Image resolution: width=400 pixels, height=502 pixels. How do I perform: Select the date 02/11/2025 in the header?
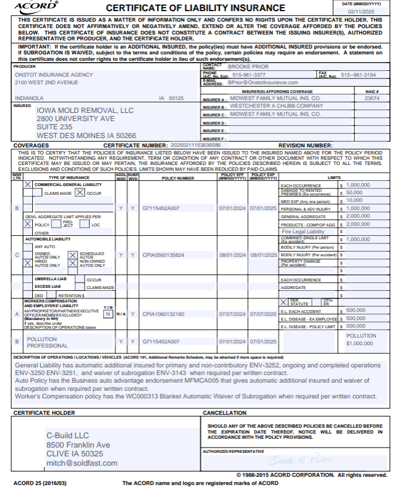364,11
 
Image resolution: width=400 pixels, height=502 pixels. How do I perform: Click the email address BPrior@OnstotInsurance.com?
264,83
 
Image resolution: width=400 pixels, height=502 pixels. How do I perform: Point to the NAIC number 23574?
372,98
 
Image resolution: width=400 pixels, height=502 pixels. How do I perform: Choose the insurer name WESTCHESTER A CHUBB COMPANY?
276,106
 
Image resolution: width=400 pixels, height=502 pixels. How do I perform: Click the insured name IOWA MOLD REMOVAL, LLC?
85,111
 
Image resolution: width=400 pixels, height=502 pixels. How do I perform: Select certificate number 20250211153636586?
195,145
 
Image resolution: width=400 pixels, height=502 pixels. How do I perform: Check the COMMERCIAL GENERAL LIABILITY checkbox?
28,185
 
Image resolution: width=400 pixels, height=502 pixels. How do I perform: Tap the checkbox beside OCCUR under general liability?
81,192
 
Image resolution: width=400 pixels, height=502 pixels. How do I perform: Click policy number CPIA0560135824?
163,255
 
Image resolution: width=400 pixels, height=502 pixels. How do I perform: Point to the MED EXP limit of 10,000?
354,200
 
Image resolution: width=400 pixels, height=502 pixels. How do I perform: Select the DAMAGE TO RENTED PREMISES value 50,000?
354,192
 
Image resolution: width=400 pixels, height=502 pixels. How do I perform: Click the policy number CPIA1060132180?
163,314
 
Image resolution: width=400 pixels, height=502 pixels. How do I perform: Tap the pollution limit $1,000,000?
360,344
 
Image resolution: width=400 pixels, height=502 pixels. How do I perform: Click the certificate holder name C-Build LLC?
67,435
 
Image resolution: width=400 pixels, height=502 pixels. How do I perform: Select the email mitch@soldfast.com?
82,463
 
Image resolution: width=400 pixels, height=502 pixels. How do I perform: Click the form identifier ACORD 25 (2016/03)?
40,483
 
